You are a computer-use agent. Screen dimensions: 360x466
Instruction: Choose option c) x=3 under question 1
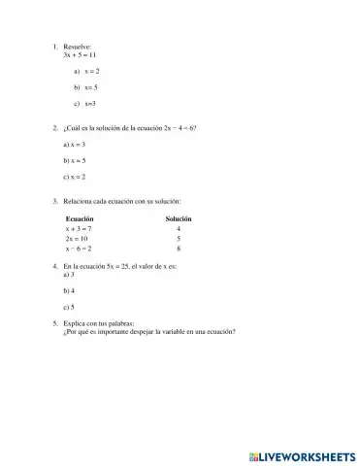coord(90,102)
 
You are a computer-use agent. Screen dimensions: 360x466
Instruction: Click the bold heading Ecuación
coord(80,219)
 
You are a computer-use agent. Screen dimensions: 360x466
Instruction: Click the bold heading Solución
coord(179,219)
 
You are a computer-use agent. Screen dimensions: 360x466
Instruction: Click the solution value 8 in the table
coord(179,248)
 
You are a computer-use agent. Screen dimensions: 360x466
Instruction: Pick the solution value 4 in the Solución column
coord(179,228)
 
